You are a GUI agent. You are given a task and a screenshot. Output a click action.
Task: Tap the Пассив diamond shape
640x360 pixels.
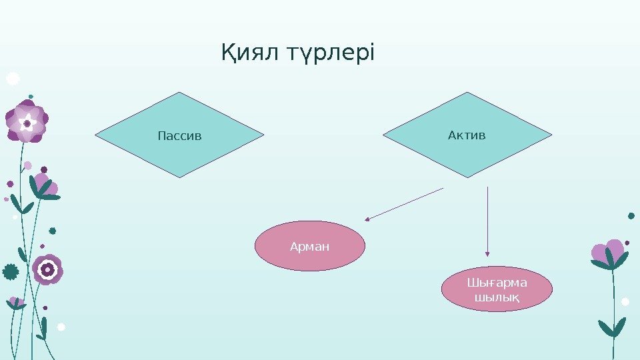[x=179, y=135]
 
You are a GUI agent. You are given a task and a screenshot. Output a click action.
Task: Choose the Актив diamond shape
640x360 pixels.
[x=467, y=135]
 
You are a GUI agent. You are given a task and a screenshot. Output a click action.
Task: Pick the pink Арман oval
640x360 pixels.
[x=311, y=247]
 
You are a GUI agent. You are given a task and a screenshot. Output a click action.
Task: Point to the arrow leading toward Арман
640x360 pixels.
[x=403, y=204]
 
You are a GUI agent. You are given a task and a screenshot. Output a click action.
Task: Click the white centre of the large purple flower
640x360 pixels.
[x=27, y=123]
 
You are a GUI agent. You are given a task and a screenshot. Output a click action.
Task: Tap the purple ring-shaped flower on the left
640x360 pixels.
[x=47, y=269]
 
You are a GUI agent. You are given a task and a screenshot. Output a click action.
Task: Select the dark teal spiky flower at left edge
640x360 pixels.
[x=10, y=271]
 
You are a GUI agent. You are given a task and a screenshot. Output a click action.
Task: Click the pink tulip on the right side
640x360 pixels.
[x=607, y=253]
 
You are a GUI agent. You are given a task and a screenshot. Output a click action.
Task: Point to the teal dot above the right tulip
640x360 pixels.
[x=631, y=216]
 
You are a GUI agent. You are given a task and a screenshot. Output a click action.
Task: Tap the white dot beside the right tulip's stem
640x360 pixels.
[x=625, y=301]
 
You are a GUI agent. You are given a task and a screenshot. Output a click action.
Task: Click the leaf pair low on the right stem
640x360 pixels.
[x=612, y=329]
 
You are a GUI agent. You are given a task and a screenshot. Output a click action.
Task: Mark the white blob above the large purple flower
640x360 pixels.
[x=13, y=79]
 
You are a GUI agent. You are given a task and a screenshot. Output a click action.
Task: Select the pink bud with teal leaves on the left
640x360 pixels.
[x=44, y=187]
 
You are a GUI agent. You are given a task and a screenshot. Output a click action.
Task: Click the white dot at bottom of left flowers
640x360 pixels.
[x=61, y=327]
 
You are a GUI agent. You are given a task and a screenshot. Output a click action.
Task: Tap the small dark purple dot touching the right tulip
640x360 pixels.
[x=627, y=243]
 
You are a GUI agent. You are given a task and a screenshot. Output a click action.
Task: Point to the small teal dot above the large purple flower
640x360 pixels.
[x=31, y=96]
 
